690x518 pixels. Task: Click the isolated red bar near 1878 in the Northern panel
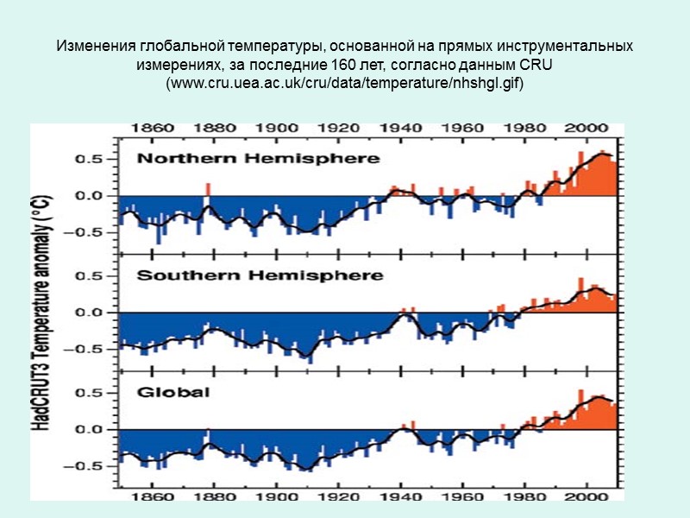pos(208,189)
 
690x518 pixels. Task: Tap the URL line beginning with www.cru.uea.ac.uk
pos(345,85)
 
